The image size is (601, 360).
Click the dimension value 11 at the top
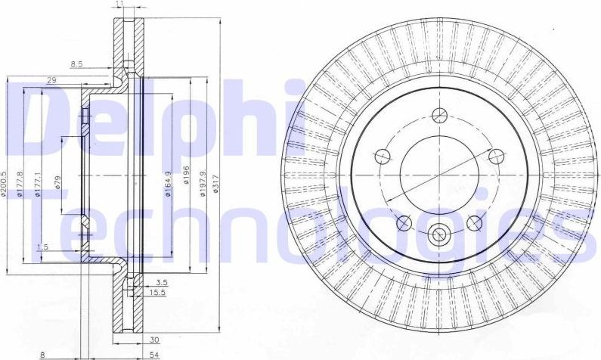(120, 5)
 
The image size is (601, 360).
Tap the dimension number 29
(51, 79)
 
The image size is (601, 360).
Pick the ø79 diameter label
(57, 183)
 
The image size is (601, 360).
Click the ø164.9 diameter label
(168, 182)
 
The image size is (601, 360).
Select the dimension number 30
(154, 340)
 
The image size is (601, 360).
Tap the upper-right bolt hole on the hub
(496, 157)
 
